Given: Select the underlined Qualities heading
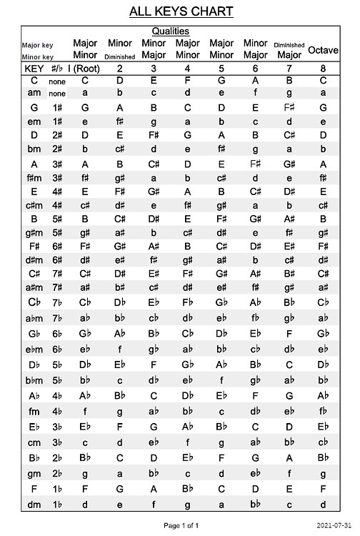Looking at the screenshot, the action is pyautogui.click(x=171, y=31).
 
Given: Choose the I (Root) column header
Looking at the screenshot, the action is pyautogui.click(x=84, y=69).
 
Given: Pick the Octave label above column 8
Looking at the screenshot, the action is pyautogui.click(x=323, y=50).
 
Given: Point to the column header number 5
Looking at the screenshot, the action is pyautogui.click(x=221, y=69).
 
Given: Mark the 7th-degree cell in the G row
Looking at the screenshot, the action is pyautogui.click(x=289, y=108).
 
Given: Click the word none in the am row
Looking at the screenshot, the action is pyautogui.click(x=57, y=94).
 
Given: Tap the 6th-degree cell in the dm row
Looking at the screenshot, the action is pyautogui.click(x=255, y=505).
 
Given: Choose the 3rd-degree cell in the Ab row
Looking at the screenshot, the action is pyautogui.click(x=154, y=396).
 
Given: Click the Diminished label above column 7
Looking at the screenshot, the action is pyautogui.click(x=289, y=45).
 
